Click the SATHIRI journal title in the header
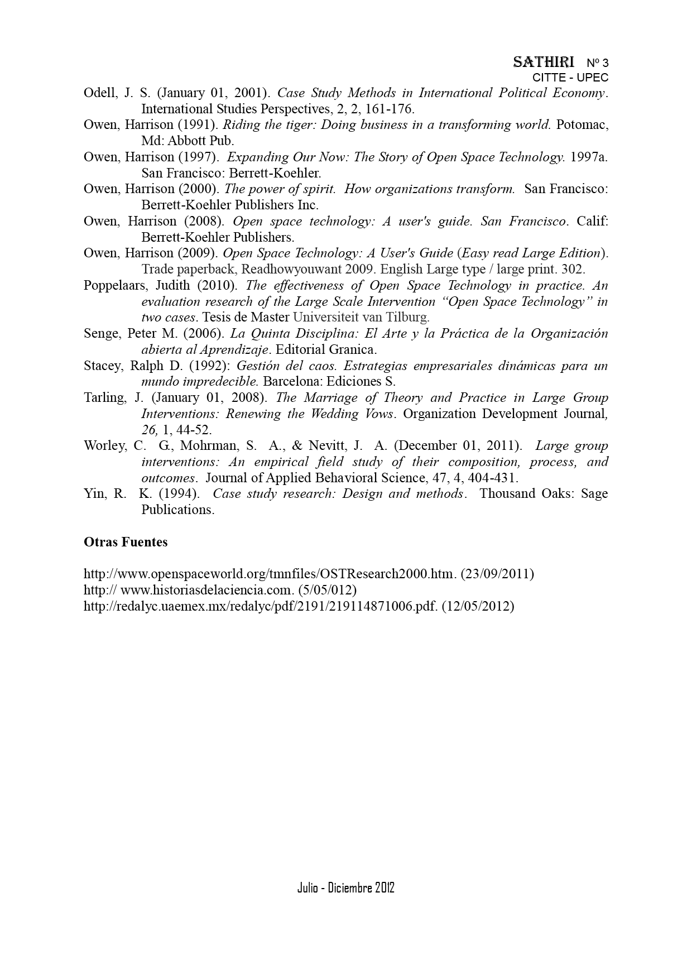coord(543,61)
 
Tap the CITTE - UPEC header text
coord(570,78)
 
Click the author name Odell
coord(98,93)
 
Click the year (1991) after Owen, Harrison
coord(194,124)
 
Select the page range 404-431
coord(494,478)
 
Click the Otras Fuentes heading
coord(126,542)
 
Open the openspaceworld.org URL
coord(270,574)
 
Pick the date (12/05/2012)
coord(478,606)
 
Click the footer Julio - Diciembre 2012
coord(345,887)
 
